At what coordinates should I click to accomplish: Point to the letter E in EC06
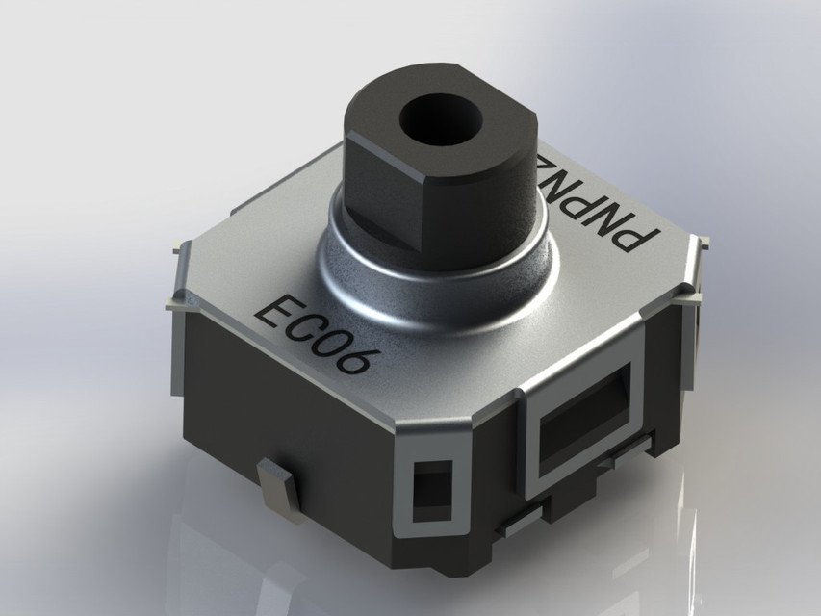[x=272, y=310]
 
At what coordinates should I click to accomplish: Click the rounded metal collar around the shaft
[x=433, y=279]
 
